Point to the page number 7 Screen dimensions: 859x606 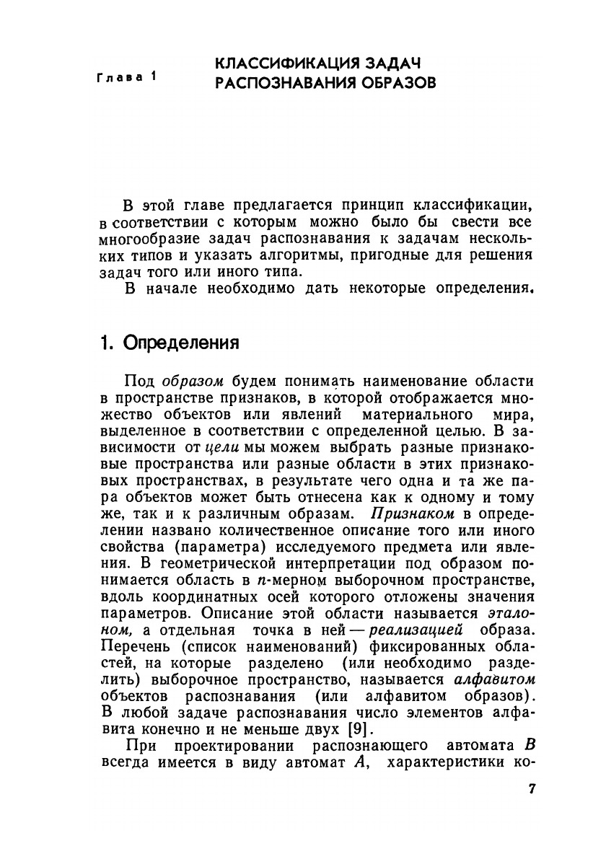tap(532, 788)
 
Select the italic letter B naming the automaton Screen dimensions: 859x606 tap(530, 746)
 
